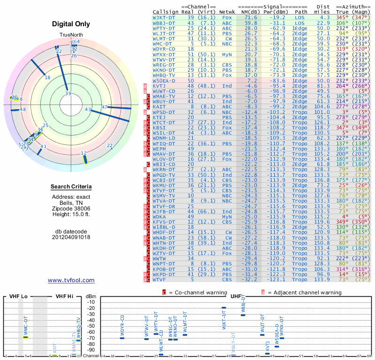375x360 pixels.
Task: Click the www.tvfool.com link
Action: click(71, 280)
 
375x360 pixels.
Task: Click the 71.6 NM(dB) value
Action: click(247, 17)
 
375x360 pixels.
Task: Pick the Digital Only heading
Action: click(71, 24)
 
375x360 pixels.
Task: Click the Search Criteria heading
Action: click(71, 187)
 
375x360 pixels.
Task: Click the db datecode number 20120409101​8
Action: click(71, 237)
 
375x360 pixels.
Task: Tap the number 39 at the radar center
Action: click(68, 94)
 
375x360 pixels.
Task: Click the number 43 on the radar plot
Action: click(88, 109)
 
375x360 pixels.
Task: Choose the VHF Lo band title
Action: click(18, 296)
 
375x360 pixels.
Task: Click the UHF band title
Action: click(236, 296)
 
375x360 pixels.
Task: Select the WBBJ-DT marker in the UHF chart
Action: click(243, 315)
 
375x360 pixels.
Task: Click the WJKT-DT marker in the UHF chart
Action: click(224, 307)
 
